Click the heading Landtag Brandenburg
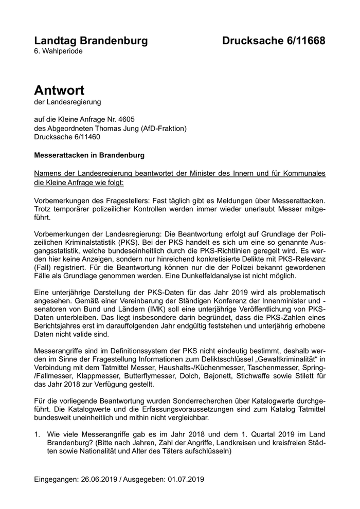tap(91, 41)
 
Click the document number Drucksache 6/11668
tap(274, 41)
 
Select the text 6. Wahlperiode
tap(58, 51)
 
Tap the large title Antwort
tap(59, 90)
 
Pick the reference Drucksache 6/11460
tap(67, 137)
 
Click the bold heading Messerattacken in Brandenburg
tap(89, 155)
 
